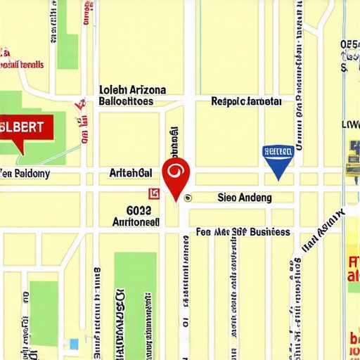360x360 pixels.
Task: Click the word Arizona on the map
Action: point(147,90)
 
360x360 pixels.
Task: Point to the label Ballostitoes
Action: point(126,101)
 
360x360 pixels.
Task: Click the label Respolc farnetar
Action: point(246,101)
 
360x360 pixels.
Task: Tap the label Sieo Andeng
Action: point(245,198)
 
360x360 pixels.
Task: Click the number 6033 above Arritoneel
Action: point(139,210)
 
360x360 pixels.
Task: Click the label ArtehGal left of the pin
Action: point(131,172)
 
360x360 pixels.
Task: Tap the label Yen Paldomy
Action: point(25,173)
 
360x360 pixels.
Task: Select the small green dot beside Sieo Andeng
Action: point(187,198)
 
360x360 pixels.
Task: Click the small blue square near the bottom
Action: point(74,344)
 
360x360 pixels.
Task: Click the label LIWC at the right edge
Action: point(351,124)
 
